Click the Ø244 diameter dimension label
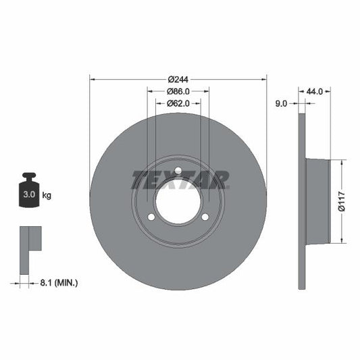(178, 78)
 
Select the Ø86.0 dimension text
(178, 91)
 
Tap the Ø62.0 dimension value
(178, 103)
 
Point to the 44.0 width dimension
(315, 90)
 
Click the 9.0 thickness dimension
(282, 103)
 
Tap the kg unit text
(47, 195)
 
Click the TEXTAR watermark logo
(180, 179)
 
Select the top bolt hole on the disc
(178, 171)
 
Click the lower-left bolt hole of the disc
(152, 217)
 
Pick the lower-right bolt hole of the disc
(205, 217)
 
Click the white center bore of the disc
(178, 201)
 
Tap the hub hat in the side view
(317, 201)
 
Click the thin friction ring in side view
(302, 201)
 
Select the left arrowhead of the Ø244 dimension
(93, 78)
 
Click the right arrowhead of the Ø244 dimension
(264, 78)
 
